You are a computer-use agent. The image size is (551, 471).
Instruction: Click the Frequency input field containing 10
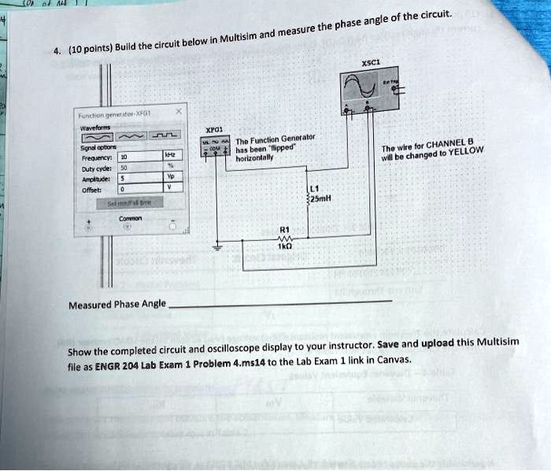pos(137,157)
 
